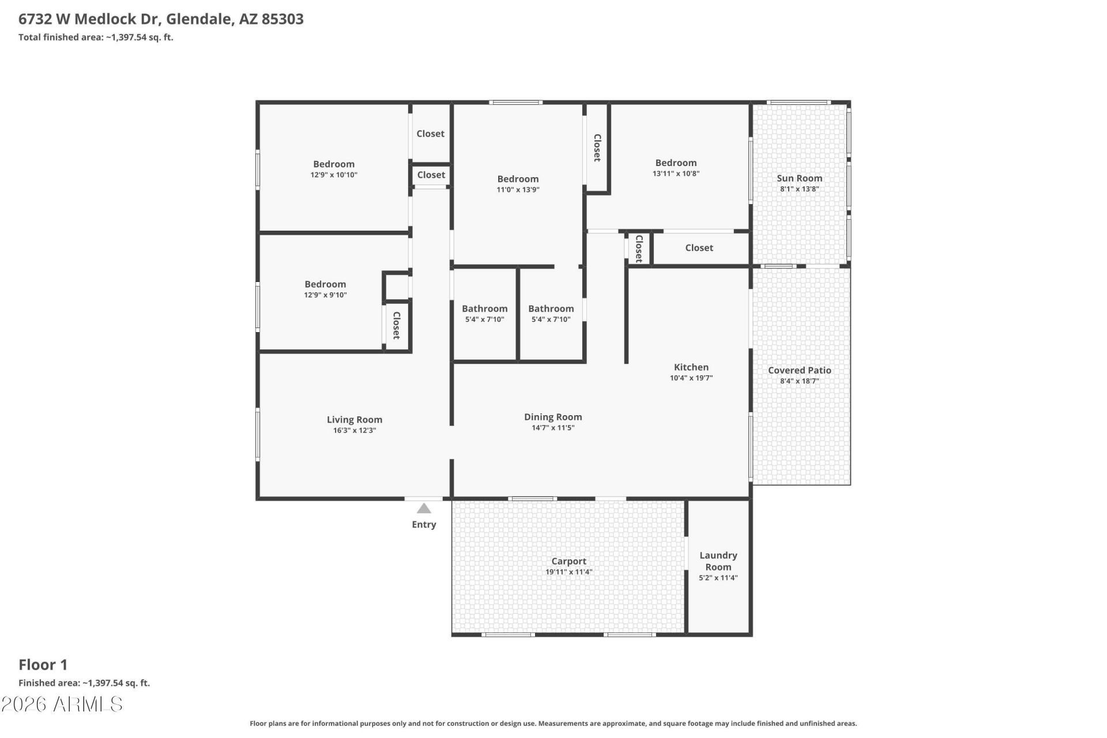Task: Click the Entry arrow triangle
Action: [x=424, y=508]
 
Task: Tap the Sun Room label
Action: [x=799, y=178]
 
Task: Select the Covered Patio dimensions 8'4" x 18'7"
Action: [x=799, y=381]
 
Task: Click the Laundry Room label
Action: [x=718, y=561]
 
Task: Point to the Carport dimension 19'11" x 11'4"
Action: [x=568, y=572]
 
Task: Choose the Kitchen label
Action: [x=691, y=367]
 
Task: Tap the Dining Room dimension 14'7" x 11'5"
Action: [x=553, y=428]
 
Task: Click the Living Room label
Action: [x=355, y=420]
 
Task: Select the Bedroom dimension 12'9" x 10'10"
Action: [x=334, y=175]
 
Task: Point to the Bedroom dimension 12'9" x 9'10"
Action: [x=325, y=295]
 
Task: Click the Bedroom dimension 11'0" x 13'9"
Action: [x=518, y=190]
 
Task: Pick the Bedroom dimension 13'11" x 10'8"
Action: [x=676, y=174]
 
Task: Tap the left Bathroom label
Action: [x=484, y=309]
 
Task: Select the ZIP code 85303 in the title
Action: [x=283, y=19]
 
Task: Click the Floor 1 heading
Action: [x=43, y=665]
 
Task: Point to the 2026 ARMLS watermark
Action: [x=62, y=704]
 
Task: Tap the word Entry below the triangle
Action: [x=424, y=525]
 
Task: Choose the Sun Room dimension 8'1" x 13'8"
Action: [x=799, y=189]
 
